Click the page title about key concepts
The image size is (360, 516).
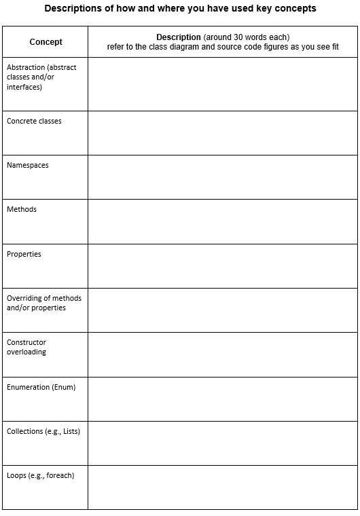(x=180, y=9)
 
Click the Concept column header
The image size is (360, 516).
(x=46, y=42)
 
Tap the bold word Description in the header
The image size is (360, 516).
(x=178, y=37)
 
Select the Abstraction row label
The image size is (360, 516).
(x=41, y=77)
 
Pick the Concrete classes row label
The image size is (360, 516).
(x=34, y=121)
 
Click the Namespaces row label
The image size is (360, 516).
(x=28, y=165)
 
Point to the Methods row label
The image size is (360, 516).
(x=22, y=209)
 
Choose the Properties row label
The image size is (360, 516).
(x=24, y=254)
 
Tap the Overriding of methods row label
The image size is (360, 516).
(x=44, y=303)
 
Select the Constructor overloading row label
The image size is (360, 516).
(x=26, y=347)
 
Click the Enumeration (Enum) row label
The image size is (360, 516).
(x=41, y=387)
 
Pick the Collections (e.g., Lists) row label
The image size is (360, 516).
(x=43, y=431)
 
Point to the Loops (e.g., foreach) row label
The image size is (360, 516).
(x=40, y=475)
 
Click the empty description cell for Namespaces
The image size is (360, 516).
(x=222, y=177)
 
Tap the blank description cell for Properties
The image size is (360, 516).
(x=222, y=265)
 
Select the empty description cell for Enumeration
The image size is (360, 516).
(x=222, y=399)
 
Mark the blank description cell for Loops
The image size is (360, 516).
(x=222, y=487)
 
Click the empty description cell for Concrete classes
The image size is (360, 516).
(x=222, y=133)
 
